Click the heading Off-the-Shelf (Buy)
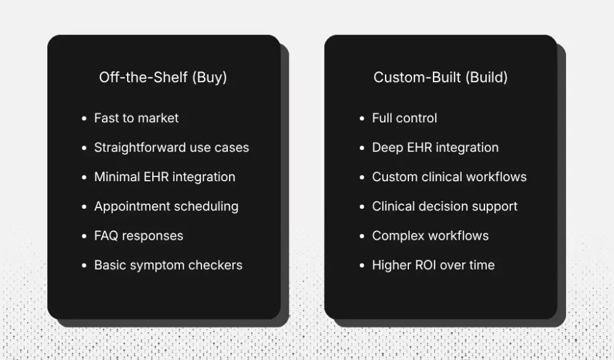(163, 78)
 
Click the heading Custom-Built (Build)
(440, 78)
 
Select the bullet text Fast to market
(136, 118)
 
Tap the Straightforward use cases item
(171, 147)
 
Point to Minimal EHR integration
(165, 177)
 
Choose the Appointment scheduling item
(166, 206)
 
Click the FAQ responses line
(138, 236)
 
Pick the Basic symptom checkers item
(168, 265)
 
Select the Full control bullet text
(405, 118)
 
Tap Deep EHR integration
(435, 147)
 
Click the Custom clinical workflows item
(449, 177)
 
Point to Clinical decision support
(445, 206)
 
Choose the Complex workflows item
(430, 236)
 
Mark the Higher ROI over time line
(433, 265)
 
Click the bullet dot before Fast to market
(84, 119)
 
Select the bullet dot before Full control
(362, 119)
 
